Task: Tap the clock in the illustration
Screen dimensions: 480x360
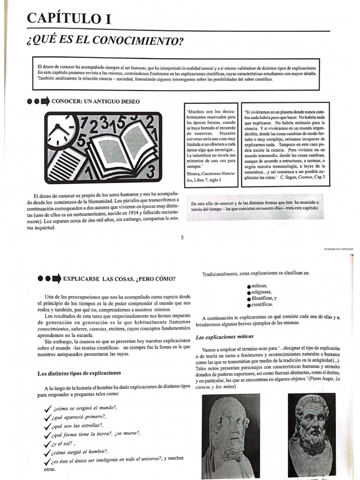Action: click(x=61, y=131)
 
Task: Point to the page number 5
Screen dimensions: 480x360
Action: click(x=182, y=238)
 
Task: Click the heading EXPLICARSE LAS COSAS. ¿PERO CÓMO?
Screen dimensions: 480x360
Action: click(x=119, y=279)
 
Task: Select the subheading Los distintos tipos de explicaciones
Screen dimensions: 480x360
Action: click(x=79, y=373)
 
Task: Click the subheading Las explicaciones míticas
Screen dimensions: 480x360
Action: click(x=225, y=337)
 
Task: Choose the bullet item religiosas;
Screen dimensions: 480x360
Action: click(x=262, y=292)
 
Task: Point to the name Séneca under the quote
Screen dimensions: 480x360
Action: click(x=194, y=173)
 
